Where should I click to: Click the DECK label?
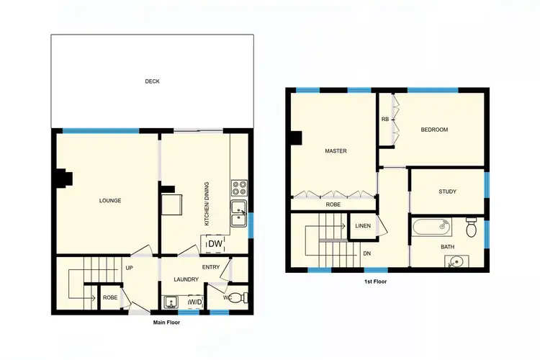[152, 81]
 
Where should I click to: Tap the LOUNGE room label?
[110, 200]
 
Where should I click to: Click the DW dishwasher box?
[215, 245]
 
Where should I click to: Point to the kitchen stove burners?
[239, 189]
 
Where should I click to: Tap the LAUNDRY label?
[186, 279]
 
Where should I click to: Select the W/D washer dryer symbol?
[194, 303]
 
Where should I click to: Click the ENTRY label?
[211, 267]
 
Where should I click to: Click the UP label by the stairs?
[130, 268]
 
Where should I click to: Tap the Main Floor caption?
[167, 323]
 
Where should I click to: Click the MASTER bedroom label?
[336, 151]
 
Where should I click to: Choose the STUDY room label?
[447, 192]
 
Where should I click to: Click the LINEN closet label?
[363, 226]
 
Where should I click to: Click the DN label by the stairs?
[367, 253]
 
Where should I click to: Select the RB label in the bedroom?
[385, 120]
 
